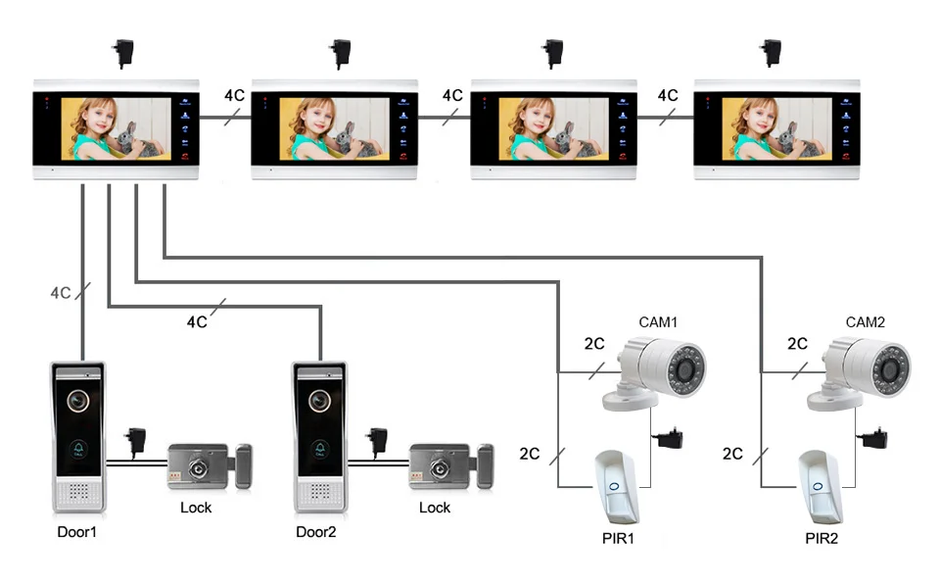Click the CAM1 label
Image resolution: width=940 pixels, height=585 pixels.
coord(658,321)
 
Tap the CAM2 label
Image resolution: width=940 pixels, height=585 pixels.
coord(866,321)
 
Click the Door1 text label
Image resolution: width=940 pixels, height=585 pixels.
coord(78,532)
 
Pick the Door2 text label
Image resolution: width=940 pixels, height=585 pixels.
coord(316,532)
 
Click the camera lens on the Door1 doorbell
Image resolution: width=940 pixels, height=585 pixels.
coord(77,402)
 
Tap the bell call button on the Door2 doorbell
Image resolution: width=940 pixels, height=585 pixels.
coord(319,449)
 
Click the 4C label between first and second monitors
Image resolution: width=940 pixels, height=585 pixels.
coord(234,96)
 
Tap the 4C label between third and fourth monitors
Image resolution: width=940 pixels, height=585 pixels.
coord(667,96)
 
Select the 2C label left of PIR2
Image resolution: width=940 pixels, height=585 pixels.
coord(732,454)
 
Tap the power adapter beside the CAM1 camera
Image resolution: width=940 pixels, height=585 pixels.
coord(671,438)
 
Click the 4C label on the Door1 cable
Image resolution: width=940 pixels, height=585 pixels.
coord(61,292)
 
